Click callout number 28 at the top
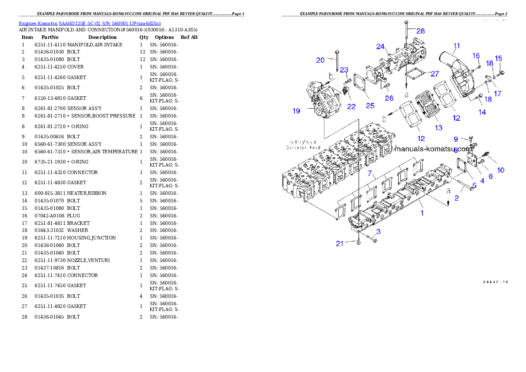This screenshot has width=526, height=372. pos(420,30)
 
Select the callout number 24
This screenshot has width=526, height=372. pos(381,46)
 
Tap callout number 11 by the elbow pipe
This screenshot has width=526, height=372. pos(457,46)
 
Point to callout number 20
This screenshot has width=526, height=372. pos(320,60)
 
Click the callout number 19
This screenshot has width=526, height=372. pos(296,110)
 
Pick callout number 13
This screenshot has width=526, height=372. pos(438,128)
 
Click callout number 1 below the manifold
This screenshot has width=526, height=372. pos(422,213)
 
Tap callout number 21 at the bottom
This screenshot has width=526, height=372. pos(339,243)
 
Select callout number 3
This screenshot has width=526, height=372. pos(378,232)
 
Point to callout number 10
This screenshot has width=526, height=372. pos(500,170)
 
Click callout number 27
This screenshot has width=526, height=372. pos(435,74)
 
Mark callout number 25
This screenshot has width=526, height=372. pos(370,105)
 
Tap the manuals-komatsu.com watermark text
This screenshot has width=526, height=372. pos(433,148)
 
